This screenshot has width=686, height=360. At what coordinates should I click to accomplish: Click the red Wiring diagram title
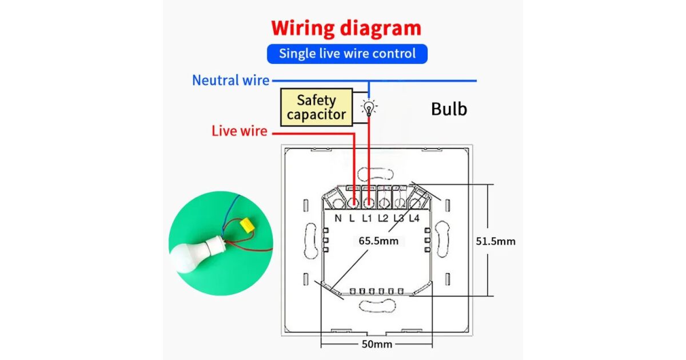pyautogui.click(x=346, y=28)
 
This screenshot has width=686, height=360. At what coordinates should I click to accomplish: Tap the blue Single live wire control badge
pyautogui.click(x=347, y=54)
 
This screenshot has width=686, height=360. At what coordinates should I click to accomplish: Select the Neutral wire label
pyautogui.click(x=230, y=80)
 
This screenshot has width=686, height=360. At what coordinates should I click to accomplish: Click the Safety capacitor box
pyautogui.click(x=316, y=107)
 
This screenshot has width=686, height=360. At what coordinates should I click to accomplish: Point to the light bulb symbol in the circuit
pyautogui.click(x=369, y=107)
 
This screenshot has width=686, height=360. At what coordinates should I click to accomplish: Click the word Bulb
pyautogui.click(x=449, y=109)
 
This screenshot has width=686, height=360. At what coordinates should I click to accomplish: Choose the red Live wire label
pyautogui.click(x=239, y=131)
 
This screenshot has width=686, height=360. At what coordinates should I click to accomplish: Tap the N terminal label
pyautogui.click(x=338, y=218)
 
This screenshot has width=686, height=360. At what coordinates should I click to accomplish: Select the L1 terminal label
pyautogui.click(x=368, y=218)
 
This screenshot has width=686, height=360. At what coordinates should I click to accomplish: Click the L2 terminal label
pyautogui.click(x=383, y=218)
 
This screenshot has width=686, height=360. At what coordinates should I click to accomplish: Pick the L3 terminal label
pyautogui.click(x=398, y=218)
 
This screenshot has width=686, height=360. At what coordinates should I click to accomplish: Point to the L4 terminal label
pyautogui.click(x=414, y=218)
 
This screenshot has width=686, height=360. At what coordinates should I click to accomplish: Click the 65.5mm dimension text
pyautogui.click(x=378, y=241)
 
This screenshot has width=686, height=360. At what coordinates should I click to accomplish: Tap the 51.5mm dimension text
pyautogui.click(x=496, y=241)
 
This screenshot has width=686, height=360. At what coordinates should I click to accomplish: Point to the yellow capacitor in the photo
pyautogui.click(x=247, y=226)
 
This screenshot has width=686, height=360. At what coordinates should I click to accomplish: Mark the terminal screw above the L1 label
pyautogui.click(x=369, y=202)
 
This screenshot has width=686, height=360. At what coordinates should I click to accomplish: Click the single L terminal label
pyautogui.click(x=352, y=218)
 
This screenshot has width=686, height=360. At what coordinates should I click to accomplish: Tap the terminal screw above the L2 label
pyautogui.click(x=384, y=202)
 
